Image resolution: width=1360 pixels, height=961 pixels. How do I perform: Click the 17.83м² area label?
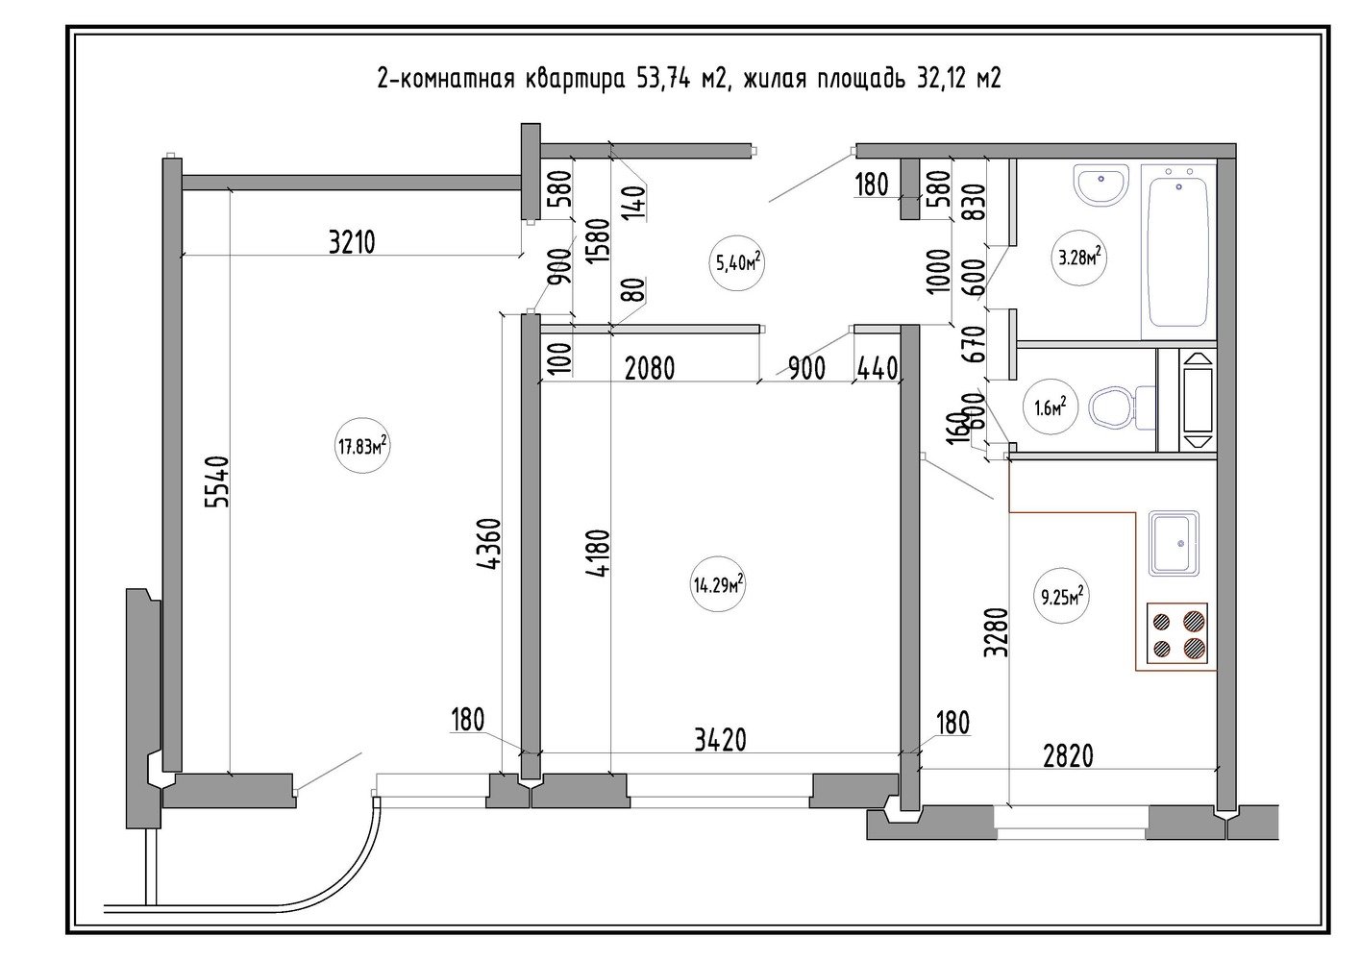click(363, 448)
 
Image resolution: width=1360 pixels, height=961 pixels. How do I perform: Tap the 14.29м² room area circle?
click(718, 585)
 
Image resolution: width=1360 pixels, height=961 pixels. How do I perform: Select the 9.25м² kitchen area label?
click(1062, 598)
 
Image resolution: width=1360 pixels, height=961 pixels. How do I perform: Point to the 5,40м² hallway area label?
click(737, 263)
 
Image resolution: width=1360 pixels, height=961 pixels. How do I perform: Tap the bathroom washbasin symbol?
click(1101, 185)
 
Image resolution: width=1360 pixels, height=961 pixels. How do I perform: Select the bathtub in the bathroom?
click(1179, 251)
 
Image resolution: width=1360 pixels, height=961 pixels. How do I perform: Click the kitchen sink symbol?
click(1175, 543)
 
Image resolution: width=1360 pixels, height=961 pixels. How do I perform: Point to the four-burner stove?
click(1176, 633)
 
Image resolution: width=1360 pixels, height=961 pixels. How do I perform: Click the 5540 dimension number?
click(217, 481)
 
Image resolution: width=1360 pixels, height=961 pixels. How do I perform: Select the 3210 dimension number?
click(352, 242)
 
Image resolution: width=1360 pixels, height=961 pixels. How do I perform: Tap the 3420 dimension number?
click(720, 740)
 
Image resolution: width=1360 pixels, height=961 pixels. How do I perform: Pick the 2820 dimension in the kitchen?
click(1068, 756)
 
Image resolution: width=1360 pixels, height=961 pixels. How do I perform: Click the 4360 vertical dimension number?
click(489, 544)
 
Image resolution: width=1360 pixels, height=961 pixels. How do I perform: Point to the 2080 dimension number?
click(650, 368)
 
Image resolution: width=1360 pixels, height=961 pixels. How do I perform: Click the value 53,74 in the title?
click(663, 78)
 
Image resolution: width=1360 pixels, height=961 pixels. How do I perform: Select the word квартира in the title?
click(575, 80)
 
